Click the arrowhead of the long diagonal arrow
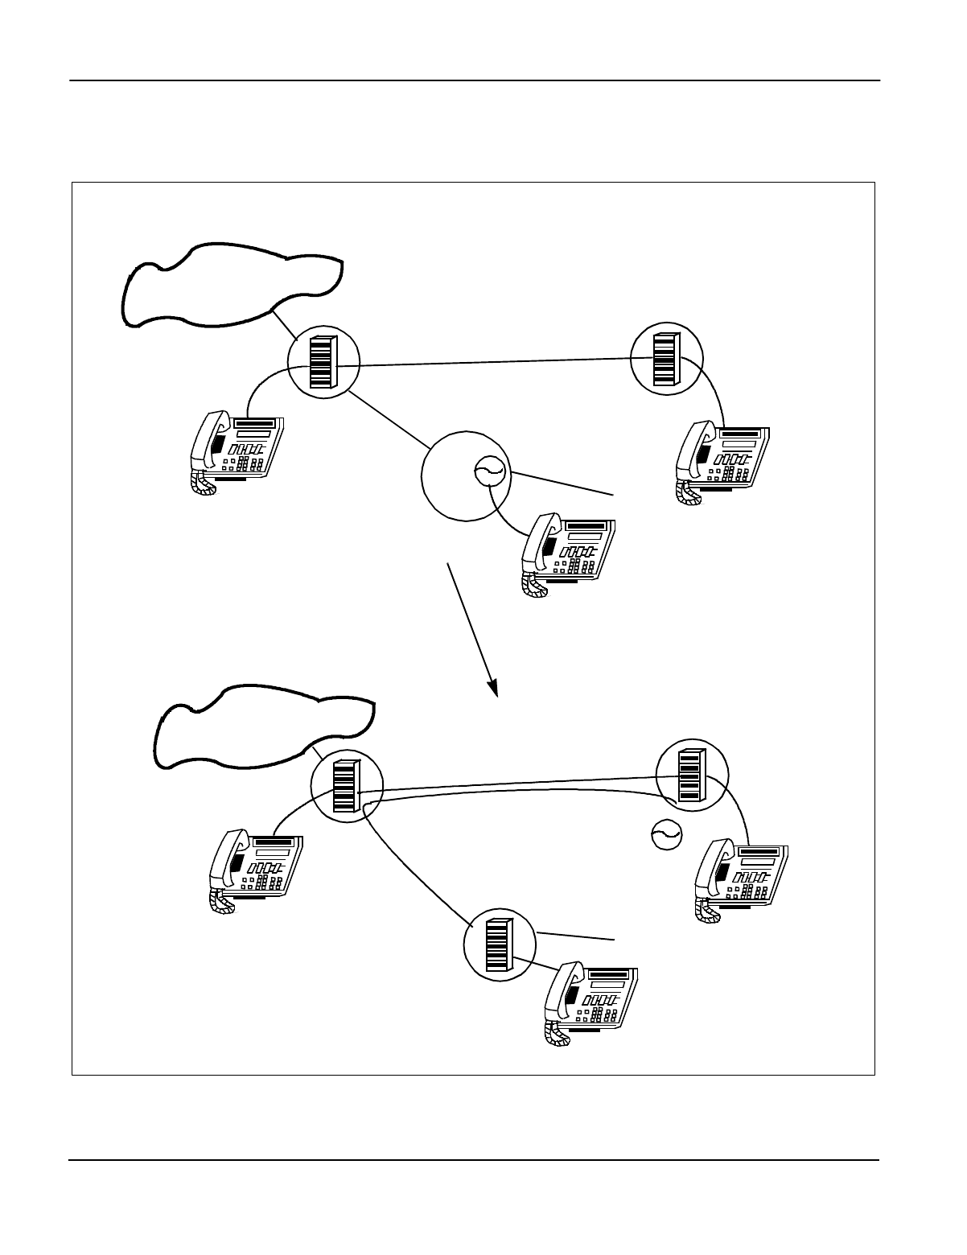(x=495, y=689)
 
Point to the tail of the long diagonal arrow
(x=449, y=566)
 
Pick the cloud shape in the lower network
(x=261, y=726)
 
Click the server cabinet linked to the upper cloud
(x=321, y=363)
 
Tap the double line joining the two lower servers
(x=515, y=786)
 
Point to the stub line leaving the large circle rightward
(x=563, y=483)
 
